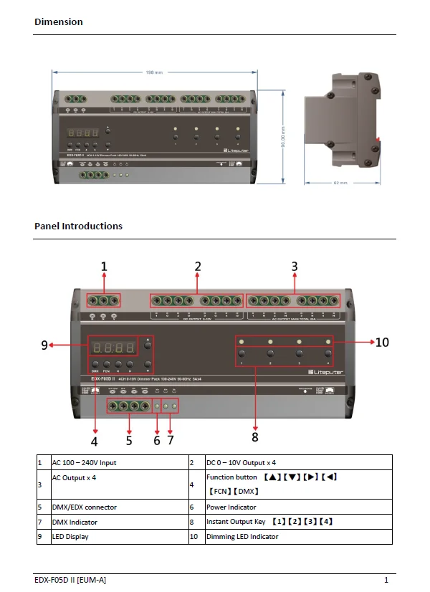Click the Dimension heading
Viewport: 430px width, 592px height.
tap(59, 22)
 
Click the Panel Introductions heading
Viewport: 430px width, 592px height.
tap(78, 226)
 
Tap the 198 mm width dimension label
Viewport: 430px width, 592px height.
tap(153, 72)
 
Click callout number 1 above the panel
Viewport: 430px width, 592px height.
tap(104, 267)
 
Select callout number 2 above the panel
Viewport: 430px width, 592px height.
tap(198, 267)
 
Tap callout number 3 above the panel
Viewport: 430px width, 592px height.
tap(294, 267)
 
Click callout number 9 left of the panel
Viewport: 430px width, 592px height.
tap(44, 345)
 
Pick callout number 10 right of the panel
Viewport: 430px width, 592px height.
tap(382, 342)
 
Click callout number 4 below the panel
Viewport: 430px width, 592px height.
tap(94, 441)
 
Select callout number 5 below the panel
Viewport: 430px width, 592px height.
tap(129, 440)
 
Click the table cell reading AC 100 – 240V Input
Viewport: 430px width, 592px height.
tap(84, 463)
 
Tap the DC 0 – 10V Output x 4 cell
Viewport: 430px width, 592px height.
tap(241, 463)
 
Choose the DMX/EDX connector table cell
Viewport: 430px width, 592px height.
tap(84, 507)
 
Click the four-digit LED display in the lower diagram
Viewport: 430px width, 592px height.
tap(113, 348)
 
